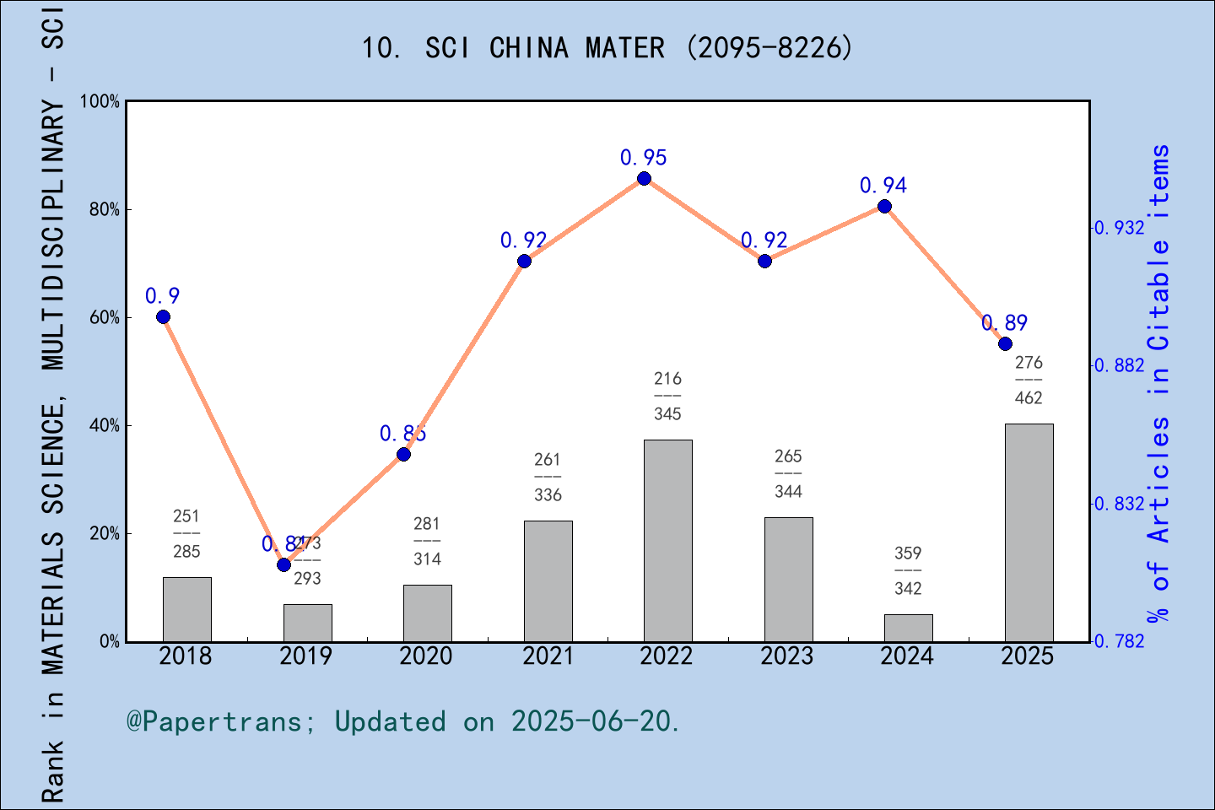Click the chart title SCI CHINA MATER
[x=607, y=48]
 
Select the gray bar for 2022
[x=667, y=540]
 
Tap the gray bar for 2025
[x=1029, y=532]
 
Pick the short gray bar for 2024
[x=908, y=628]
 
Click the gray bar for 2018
[x=186, y=609]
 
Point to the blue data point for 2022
[x=644, y=178]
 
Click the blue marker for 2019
[x=283, y=564]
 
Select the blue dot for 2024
[x=884, y=206]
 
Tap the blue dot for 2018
[x=163, y=317]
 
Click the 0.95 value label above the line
[x=644, y=158]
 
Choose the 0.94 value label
[x=883, y=186]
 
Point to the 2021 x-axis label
[x=547, y=656]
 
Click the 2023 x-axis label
[x=787, y=656]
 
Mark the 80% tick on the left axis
[x=105, y=210]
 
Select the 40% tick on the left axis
[x=105, y=426]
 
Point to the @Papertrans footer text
[x=403, y=721]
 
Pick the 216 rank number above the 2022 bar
[x=667, y=379]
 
